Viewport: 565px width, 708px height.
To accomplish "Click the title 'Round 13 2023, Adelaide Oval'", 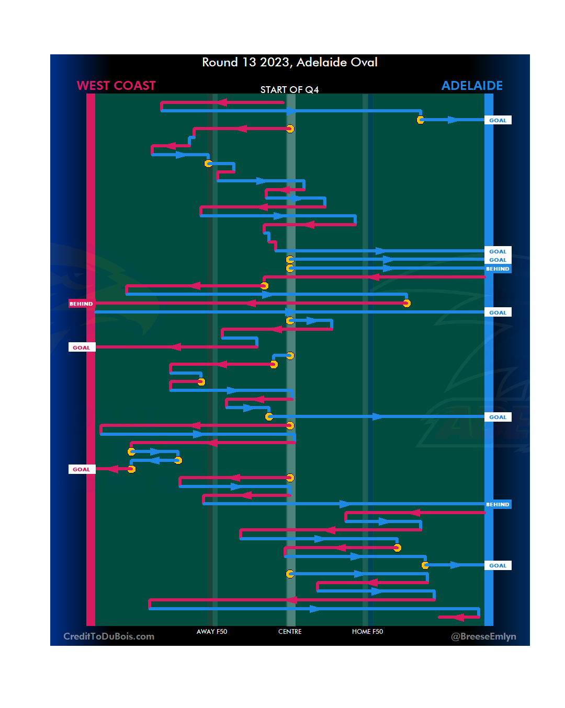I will click(290, 62).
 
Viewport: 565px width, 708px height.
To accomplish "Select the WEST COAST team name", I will click(116, 86).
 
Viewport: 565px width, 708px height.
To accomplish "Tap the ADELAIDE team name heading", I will click(472, 86).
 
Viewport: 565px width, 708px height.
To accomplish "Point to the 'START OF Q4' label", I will click(289, 90).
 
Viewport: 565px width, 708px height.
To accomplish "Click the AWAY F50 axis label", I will click(212, 632).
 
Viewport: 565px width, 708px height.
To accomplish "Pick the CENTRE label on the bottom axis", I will click(290, 632).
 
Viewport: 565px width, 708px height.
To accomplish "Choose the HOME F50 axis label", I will click(367, 632).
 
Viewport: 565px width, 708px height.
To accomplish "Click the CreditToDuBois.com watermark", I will click(109, 636).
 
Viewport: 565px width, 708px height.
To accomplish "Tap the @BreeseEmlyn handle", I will click(483, 636).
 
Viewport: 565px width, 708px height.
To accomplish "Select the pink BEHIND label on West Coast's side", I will click(81, 304).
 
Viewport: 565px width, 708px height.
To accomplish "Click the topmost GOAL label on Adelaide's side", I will click(498, 120).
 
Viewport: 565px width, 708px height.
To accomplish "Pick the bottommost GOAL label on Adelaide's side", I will click(498, 565).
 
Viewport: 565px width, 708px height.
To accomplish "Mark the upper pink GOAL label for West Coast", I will click(81, 347).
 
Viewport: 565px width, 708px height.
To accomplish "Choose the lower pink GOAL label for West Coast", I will click(81, 469).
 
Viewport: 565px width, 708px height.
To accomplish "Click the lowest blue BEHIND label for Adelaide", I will click(498, 504).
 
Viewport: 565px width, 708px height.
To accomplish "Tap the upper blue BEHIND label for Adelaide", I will click(498, 269).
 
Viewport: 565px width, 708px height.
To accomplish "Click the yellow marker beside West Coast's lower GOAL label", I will click(131, 469).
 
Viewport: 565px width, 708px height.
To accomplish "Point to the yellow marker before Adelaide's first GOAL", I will click(421, 120).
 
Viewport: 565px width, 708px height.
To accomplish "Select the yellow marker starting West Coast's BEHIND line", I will click(406, 303).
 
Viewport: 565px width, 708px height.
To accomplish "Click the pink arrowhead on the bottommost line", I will click(459, 618).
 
